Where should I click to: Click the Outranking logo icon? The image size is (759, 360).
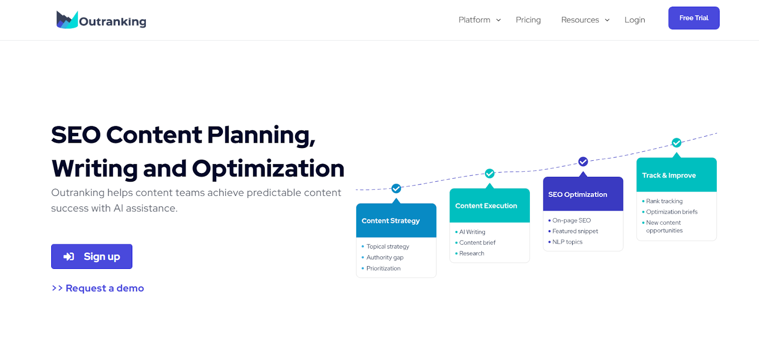point(67,19)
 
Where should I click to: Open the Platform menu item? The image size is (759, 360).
point(474,20)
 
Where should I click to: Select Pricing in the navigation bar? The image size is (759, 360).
point(528,20)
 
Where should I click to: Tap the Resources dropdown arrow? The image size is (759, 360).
point(607,20)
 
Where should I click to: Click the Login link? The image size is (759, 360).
point(635,20)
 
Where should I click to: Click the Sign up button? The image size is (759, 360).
point(92,257)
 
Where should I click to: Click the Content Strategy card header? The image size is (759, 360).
point(396,221)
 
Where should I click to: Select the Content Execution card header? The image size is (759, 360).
point(490,205)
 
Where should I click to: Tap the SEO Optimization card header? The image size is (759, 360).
point(583,194)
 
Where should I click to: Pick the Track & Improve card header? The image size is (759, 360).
point(676,175)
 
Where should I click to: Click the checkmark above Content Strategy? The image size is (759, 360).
point(396,188)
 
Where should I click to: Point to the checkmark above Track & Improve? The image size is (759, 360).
point(676,143)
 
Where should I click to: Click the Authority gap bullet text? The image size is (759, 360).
point(385,258)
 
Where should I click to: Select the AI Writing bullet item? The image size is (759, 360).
point(472,231)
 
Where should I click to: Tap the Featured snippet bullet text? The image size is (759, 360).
point(575,231)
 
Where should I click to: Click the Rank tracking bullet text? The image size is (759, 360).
point(664,201)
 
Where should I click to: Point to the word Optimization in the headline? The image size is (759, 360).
point(268,168)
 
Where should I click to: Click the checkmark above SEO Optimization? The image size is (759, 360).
point(583,162)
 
